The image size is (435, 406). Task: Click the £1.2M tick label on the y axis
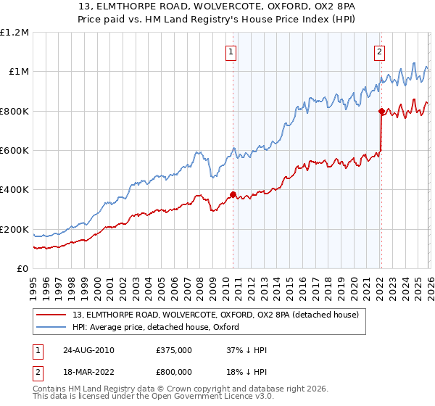(x=14, y=33)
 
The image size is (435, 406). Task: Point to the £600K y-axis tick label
(x=14, y=151)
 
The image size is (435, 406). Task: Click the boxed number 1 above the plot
(x=231, y=51)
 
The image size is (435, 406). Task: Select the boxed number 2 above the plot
(x=379, y=51)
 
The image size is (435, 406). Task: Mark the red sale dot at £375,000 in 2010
(x=233, y=194)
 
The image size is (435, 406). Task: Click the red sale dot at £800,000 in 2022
(x=381, y=111)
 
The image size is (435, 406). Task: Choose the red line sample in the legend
(x=51, y=315)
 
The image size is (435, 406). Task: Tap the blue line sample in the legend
(x=51, y=327)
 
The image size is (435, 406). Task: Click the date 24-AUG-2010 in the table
(x=88, y=350)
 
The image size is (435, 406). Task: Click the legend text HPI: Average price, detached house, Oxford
(x=159, y=327)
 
